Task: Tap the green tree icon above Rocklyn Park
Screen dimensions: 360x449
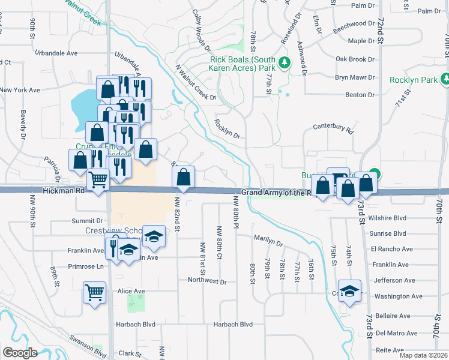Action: pos(445,79)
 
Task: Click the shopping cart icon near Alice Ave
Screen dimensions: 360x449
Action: pos(95,292)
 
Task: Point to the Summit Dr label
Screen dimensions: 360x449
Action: pos(83,221)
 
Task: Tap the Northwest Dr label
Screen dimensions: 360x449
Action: pos(206,281)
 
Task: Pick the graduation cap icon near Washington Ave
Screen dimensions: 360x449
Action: pos(349,290)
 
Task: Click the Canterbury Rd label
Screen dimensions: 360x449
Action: pos(334,128)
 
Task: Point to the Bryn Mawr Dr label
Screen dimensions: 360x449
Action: pos(354,77)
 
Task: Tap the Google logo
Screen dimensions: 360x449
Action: pos(20,353)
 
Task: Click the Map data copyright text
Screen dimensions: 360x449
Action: pos(423,355)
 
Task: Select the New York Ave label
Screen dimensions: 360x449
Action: pos(20,90)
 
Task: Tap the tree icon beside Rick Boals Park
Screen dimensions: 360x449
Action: pos(286,62)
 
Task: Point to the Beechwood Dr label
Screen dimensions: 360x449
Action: pos(354,23)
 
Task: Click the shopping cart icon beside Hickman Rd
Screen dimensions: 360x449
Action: pos(98,178)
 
